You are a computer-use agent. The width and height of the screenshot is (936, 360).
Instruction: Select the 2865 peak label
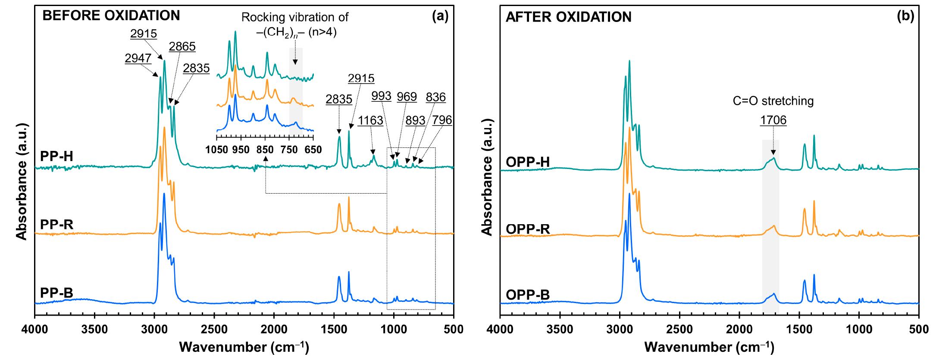pos(182,46)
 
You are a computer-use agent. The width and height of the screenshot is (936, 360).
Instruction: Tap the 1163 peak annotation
pos(370,121)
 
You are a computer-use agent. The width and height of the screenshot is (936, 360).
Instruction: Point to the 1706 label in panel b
pos(773,120)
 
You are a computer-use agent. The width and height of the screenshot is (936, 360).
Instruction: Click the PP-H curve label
pos(56,156)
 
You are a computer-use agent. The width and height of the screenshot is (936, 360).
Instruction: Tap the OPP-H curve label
pos(528,162)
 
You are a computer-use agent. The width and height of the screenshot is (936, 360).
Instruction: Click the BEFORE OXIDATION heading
pos(111,16)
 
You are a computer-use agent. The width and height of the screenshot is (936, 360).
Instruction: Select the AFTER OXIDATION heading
pos(568,17)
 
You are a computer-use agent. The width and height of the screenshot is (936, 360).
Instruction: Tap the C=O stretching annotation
pos(773,101)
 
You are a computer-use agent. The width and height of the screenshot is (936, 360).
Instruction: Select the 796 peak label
pos(442,120)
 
